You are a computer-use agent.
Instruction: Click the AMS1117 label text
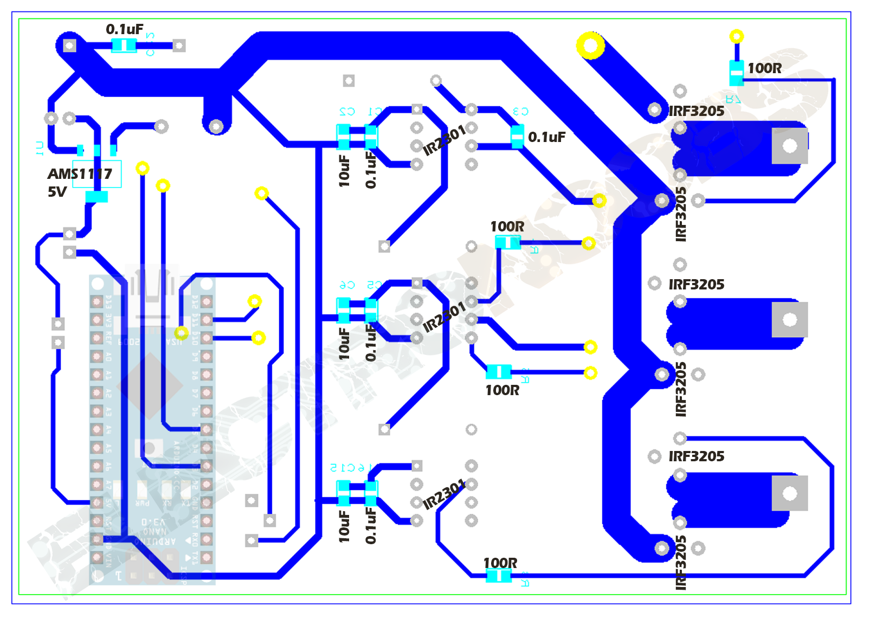point(80,174)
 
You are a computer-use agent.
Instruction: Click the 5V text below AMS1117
point(57,192)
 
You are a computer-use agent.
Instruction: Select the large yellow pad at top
point(590,45)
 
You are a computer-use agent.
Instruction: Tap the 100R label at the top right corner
point(764,68)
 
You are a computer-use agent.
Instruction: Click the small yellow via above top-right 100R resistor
point(736,36)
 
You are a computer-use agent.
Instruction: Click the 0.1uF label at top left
point(125,29)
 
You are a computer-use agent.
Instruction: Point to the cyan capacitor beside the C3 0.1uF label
point(517,136)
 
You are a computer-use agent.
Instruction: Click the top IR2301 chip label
point(444,140)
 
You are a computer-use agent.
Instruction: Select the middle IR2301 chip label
point(444,317)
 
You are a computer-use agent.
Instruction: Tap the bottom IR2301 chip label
point(444,494)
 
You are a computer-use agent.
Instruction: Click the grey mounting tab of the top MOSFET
point(789,146)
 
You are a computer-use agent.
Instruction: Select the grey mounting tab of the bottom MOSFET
point(789,493)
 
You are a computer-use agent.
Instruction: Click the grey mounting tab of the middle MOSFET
point(789,320)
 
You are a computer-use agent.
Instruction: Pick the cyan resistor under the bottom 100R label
point(498,576)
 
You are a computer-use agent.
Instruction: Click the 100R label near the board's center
point(507,227)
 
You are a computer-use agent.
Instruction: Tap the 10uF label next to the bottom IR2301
point(344,526)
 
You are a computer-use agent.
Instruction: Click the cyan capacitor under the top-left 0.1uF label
point(124,46)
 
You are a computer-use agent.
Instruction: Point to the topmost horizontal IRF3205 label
point(696,111)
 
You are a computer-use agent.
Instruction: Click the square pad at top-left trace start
point(69,46)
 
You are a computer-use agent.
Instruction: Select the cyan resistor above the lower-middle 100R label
point(499,372)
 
